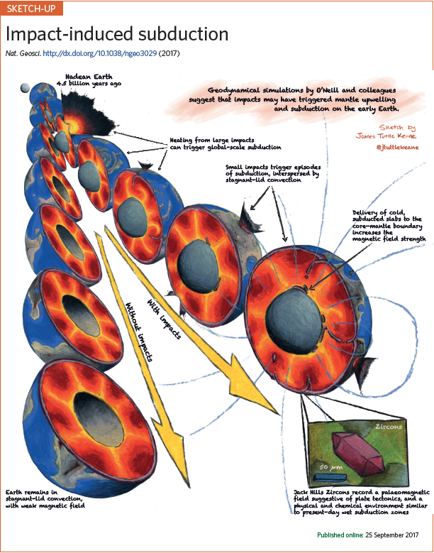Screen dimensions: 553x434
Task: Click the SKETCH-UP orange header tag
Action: click(31, 9)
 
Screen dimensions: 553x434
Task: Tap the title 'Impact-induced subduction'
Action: click(117, 34)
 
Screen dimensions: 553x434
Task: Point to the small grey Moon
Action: click(26, 87)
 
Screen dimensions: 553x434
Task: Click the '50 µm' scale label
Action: click(328, 468)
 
